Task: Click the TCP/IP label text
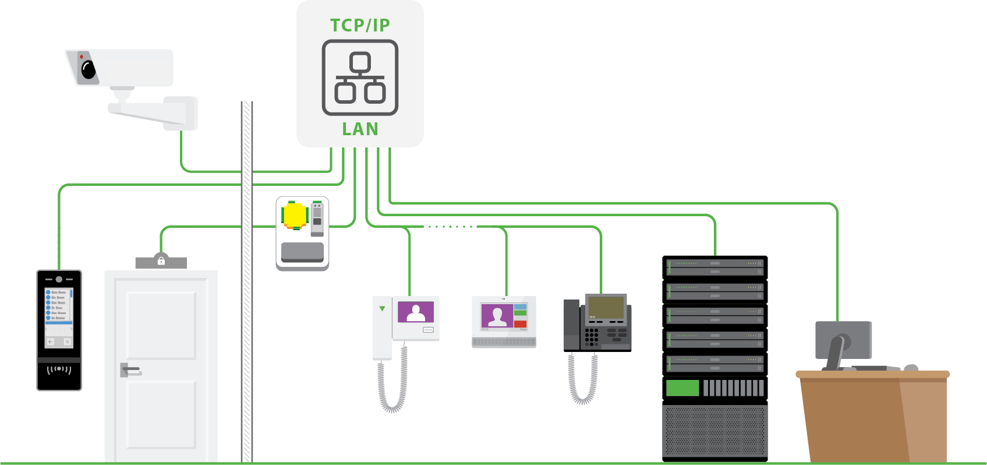(x=360, y=26)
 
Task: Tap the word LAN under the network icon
(x=360, y=129)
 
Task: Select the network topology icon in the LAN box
(x=360, y=77)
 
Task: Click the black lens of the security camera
(x=89, y=70)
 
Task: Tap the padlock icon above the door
(x=161, y=260)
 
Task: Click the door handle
(x=130, y=369)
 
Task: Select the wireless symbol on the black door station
(x=59, y=369)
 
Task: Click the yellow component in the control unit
(x=295, y=215)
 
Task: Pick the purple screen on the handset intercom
(x=416, y=312)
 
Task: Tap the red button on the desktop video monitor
(x=521, y=323)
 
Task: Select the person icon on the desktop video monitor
(x=497, y=316)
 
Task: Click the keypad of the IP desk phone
(x=592, y=337)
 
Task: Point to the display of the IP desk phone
(x=606, y=307)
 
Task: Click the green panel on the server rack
(x=682, y=388)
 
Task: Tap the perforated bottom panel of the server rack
(x=714, y=431)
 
